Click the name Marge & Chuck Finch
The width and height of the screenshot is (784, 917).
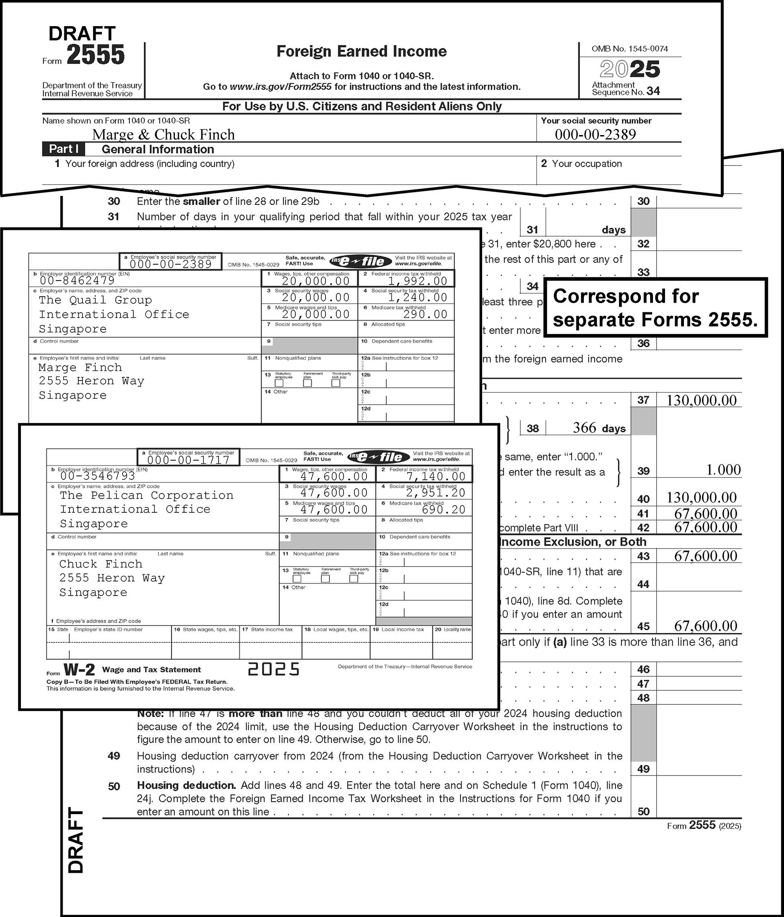164,135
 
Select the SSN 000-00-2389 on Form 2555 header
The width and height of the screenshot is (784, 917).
595,135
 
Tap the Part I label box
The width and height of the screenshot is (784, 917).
64,149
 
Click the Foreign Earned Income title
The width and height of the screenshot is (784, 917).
361,51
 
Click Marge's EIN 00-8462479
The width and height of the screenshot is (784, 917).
78,280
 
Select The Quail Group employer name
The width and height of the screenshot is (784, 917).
95,300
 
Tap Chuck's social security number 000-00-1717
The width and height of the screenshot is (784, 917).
188,460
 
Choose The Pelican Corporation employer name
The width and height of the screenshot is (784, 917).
147,495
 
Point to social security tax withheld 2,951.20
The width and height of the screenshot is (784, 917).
436,493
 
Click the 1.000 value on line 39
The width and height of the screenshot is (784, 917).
723,470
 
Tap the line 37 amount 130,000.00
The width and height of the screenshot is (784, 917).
701,401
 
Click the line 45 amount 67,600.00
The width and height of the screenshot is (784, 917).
705,626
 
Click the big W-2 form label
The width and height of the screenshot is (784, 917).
79,669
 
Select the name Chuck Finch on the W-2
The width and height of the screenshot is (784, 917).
101,564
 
